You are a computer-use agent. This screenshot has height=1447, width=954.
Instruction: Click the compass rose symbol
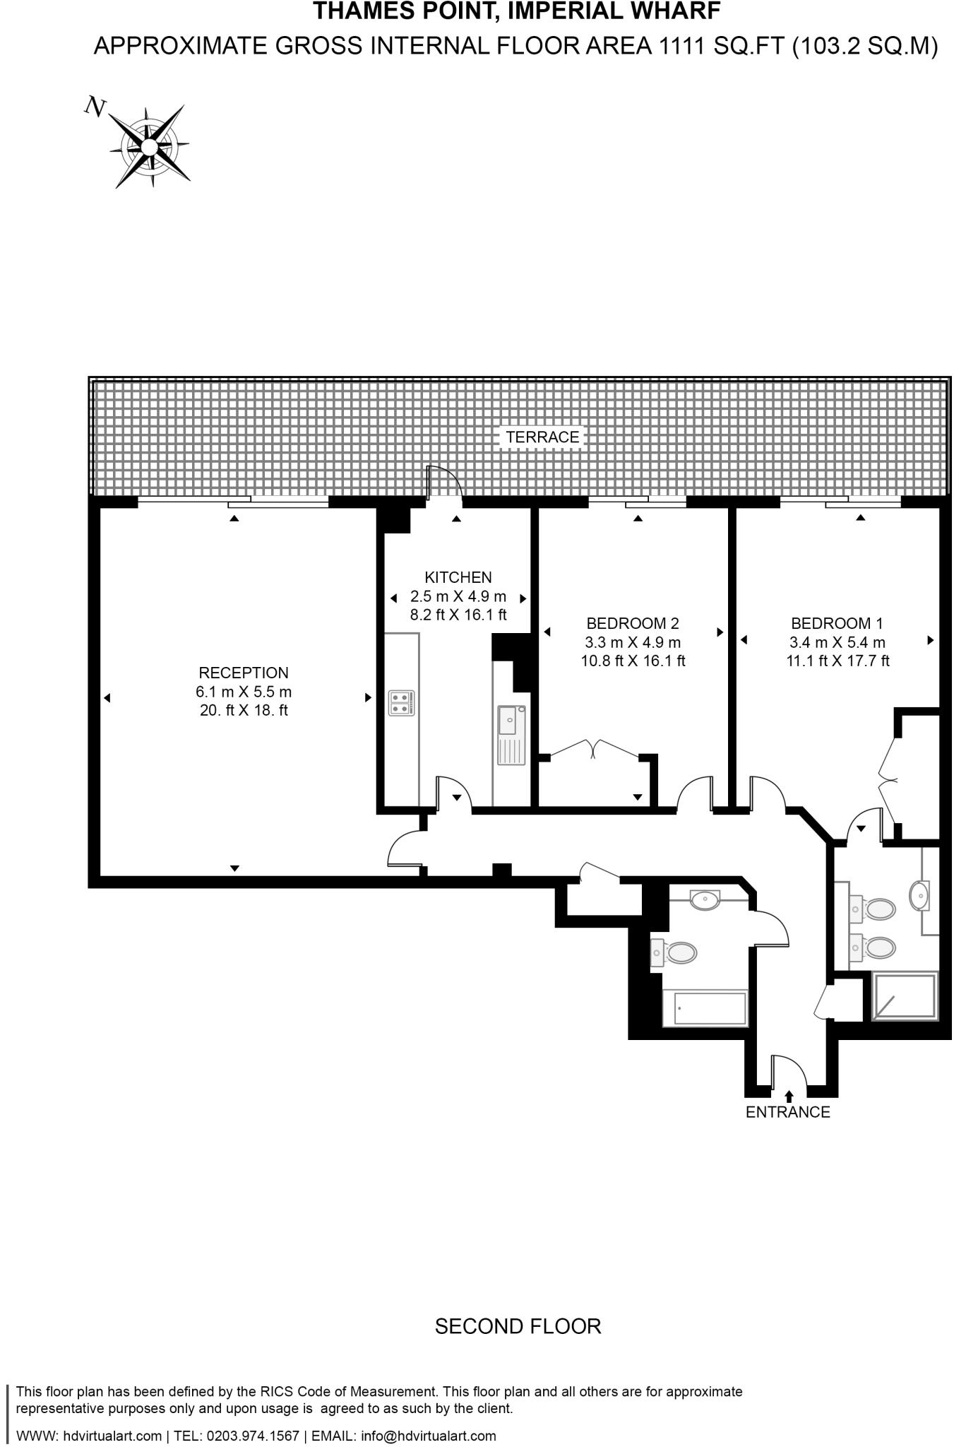(149, 146)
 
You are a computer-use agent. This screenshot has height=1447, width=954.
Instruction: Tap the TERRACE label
(542, 437)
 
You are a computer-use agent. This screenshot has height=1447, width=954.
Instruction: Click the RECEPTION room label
(244, 673)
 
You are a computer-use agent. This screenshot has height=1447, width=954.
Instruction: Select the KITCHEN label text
(458, 577)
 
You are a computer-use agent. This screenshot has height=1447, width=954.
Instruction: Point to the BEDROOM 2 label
(633, 623)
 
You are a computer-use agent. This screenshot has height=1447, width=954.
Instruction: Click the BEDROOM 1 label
(837, 623)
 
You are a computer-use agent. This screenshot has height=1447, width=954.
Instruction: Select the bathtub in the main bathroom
(704, 1008)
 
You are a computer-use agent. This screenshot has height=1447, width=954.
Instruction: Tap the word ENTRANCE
(788, 1112)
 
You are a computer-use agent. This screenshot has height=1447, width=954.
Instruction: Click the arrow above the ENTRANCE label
(789, 1096)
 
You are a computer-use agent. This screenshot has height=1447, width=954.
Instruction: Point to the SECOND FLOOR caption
(518, 1326)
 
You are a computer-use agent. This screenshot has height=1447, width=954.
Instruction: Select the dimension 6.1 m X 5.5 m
(244, 692)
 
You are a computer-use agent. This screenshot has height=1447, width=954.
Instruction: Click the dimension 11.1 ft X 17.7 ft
(837, 661)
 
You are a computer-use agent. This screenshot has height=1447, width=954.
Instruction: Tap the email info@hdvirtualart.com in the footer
(428, 1436)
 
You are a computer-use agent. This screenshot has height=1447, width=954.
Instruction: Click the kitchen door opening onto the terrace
(444, 485)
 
